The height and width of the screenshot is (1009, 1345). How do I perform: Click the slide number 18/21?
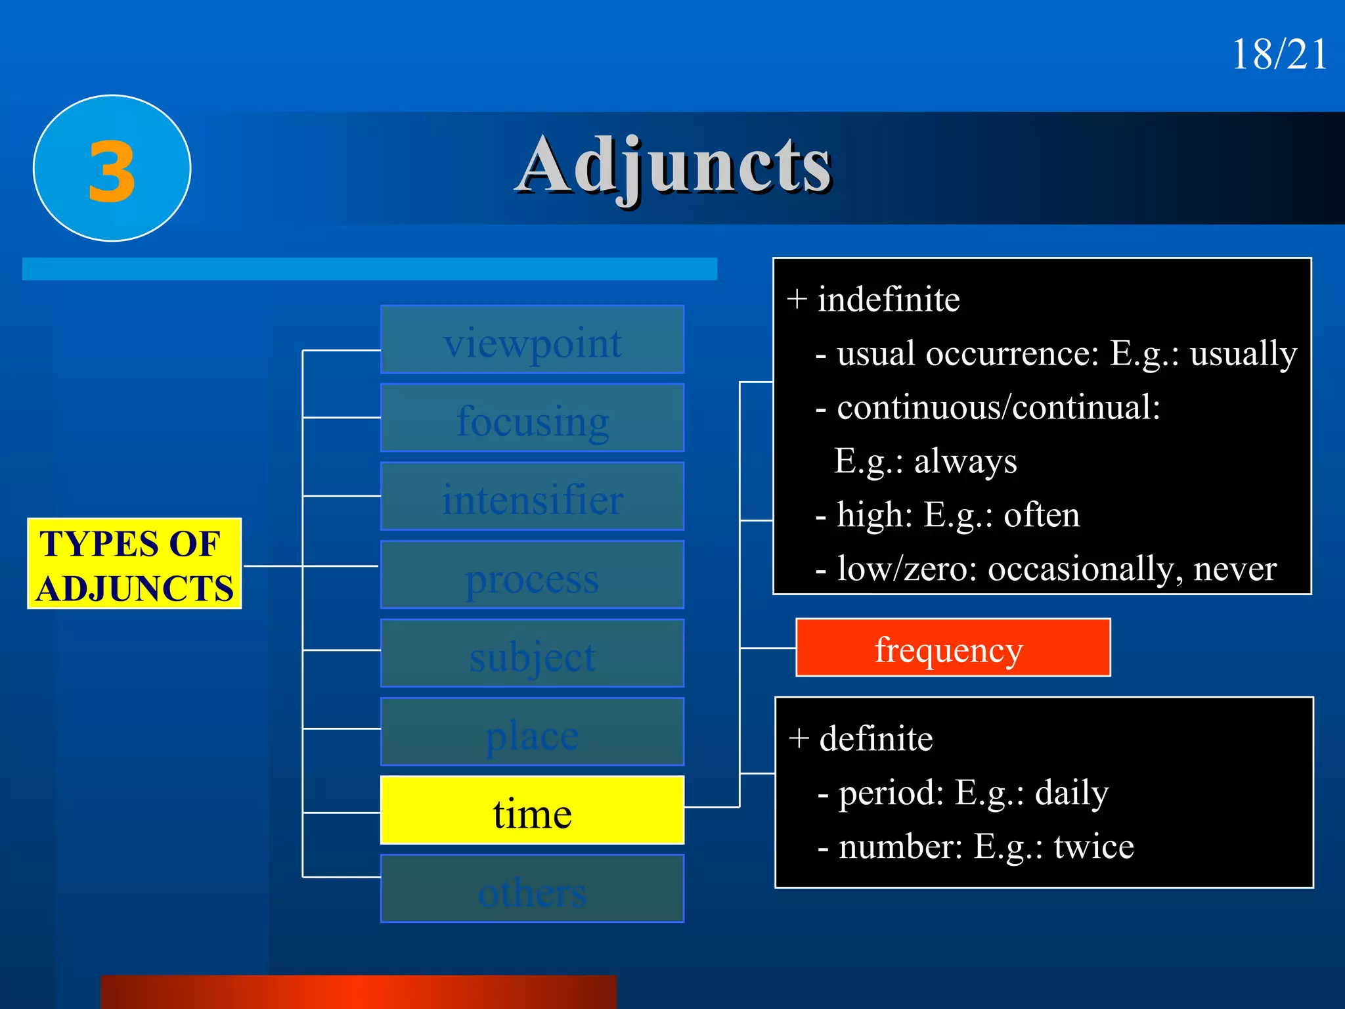pyautogui.click(x=1279, y=54)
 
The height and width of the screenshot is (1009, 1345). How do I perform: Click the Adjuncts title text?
pyautogui.click(x=674, y=166)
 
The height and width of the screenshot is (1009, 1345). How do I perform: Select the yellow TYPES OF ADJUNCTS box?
pyautogui.click(x=135, y=564)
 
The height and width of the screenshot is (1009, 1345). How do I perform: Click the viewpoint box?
pyautogui.click(x=532, y=340)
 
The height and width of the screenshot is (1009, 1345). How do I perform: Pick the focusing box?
pyautogui.click(x=532, y=418)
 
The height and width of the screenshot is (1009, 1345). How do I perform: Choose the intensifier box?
pyautogui.click(x=532, y=497)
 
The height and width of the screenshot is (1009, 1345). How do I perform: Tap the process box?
pyautogui.click(x=532, y=575)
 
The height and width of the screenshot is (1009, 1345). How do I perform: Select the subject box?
pyautogui.click(x=532, y=654)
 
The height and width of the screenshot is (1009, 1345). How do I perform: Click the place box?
pyautogui.click(x=532, y=732)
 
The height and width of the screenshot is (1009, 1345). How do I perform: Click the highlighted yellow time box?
pyautogui.click(x=532, y=811)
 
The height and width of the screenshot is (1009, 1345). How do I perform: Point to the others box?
pyautogui.click(x=532, y=889)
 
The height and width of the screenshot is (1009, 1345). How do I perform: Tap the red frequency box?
pyautogui.click(x=952, y=648)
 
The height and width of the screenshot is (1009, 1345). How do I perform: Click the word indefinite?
pyautogui.click(x=888, y=300)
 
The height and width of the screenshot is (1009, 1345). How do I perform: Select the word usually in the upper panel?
pyautogui.click(x=1243, y=355)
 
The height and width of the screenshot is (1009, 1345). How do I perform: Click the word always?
pyautogui.click(x=965, y=461)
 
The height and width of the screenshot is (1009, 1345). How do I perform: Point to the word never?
pyautogui.click(x=1235, y=569)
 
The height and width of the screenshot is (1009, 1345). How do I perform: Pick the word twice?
pyautogui.click(x=1093, y=847)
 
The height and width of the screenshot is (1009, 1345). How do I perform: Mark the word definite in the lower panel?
pyautogui.click(x=875, y=739)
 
